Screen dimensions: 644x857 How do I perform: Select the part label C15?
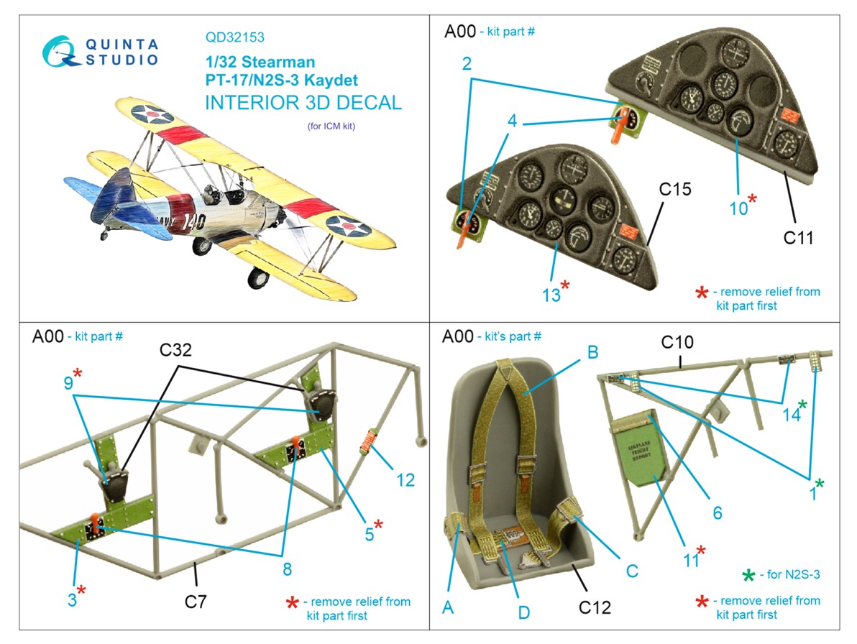[x=674, y=190]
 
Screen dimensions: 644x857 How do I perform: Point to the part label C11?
[x=798, y=237]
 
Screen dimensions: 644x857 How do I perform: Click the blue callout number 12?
[x=405, y=479]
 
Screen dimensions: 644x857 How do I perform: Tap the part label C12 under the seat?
[x=595, y=607]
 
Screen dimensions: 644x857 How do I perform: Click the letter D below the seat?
[x=523, y=612]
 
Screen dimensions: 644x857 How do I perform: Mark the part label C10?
[x=679, y=341]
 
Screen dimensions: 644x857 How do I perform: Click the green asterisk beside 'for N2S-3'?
[x=748, y=575]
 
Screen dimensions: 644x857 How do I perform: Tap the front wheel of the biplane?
[x=257, y=276]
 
